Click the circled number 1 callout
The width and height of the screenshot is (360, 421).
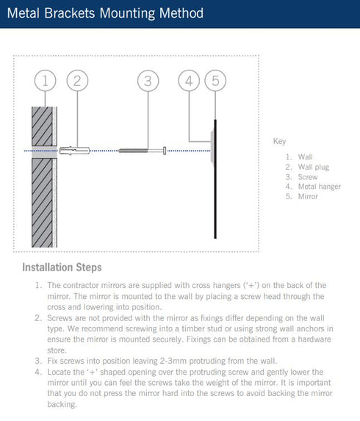coord(45,81)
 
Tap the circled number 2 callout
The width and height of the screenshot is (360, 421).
coord(77,81)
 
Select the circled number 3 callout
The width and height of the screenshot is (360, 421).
coord(148,81)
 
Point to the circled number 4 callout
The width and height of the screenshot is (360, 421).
coord(189,81)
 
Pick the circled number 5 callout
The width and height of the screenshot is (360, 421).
coord(215,81)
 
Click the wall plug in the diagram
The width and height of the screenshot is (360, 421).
coord(74,151)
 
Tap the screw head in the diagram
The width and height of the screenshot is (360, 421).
coord(165,151)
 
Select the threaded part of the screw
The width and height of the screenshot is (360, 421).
coord(133,151)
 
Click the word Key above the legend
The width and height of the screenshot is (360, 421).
coord(279,141)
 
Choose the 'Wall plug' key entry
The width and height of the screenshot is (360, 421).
coord(313,167)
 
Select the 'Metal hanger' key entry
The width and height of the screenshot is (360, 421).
coord(320,187)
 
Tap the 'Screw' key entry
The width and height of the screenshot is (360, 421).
coord(308,177)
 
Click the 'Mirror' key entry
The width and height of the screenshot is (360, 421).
coord(308,196)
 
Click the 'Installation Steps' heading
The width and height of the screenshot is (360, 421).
coord(62,267)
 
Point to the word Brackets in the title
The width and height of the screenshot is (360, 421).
coord(70,13)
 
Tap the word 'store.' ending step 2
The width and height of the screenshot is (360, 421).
coord(57,350)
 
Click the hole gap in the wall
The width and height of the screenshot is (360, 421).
coord(45,152)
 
